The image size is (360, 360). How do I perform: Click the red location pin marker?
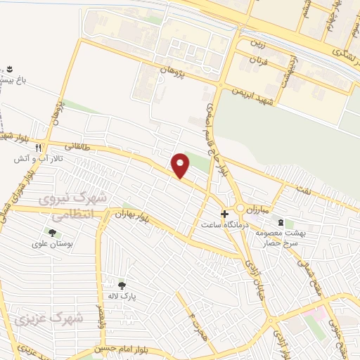181,165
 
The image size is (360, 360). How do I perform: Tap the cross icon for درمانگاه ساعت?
224,214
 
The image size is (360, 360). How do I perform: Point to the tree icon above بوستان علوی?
51,233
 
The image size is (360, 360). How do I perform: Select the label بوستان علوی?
49,245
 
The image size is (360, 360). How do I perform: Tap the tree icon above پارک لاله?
122,285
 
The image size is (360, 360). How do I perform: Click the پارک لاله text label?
122,297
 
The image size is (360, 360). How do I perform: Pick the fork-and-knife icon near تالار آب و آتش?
39,148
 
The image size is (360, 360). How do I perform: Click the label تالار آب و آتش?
38,160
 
